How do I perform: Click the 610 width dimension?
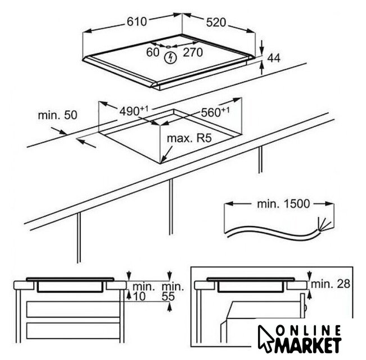click(137, 22)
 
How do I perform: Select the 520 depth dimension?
click(216, 22)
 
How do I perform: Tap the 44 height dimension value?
click(274, 58)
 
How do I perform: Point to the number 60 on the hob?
click(153, 52)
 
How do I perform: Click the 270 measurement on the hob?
click(193, 52)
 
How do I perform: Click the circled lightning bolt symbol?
click(170, 58)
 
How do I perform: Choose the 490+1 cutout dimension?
click(134, 110)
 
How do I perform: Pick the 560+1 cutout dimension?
click(215, 111)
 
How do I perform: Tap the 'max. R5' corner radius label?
click(189, 138)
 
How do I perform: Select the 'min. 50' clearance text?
click(57, 115)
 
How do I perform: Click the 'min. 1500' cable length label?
click(283, 204)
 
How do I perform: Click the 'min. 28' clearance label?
click(331, 284)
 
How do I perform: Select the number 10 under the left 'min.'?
click(139, 296)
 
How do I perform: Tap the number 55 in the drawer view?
click(168, 296)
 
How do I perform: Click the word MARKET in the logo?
click(308, 345)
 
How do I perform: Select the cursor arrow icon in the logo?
click(266, 339)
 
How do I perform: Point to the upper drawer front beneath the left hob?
click(73, 309)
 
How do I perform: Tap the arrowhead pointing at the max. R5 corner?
click(163, 159)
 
